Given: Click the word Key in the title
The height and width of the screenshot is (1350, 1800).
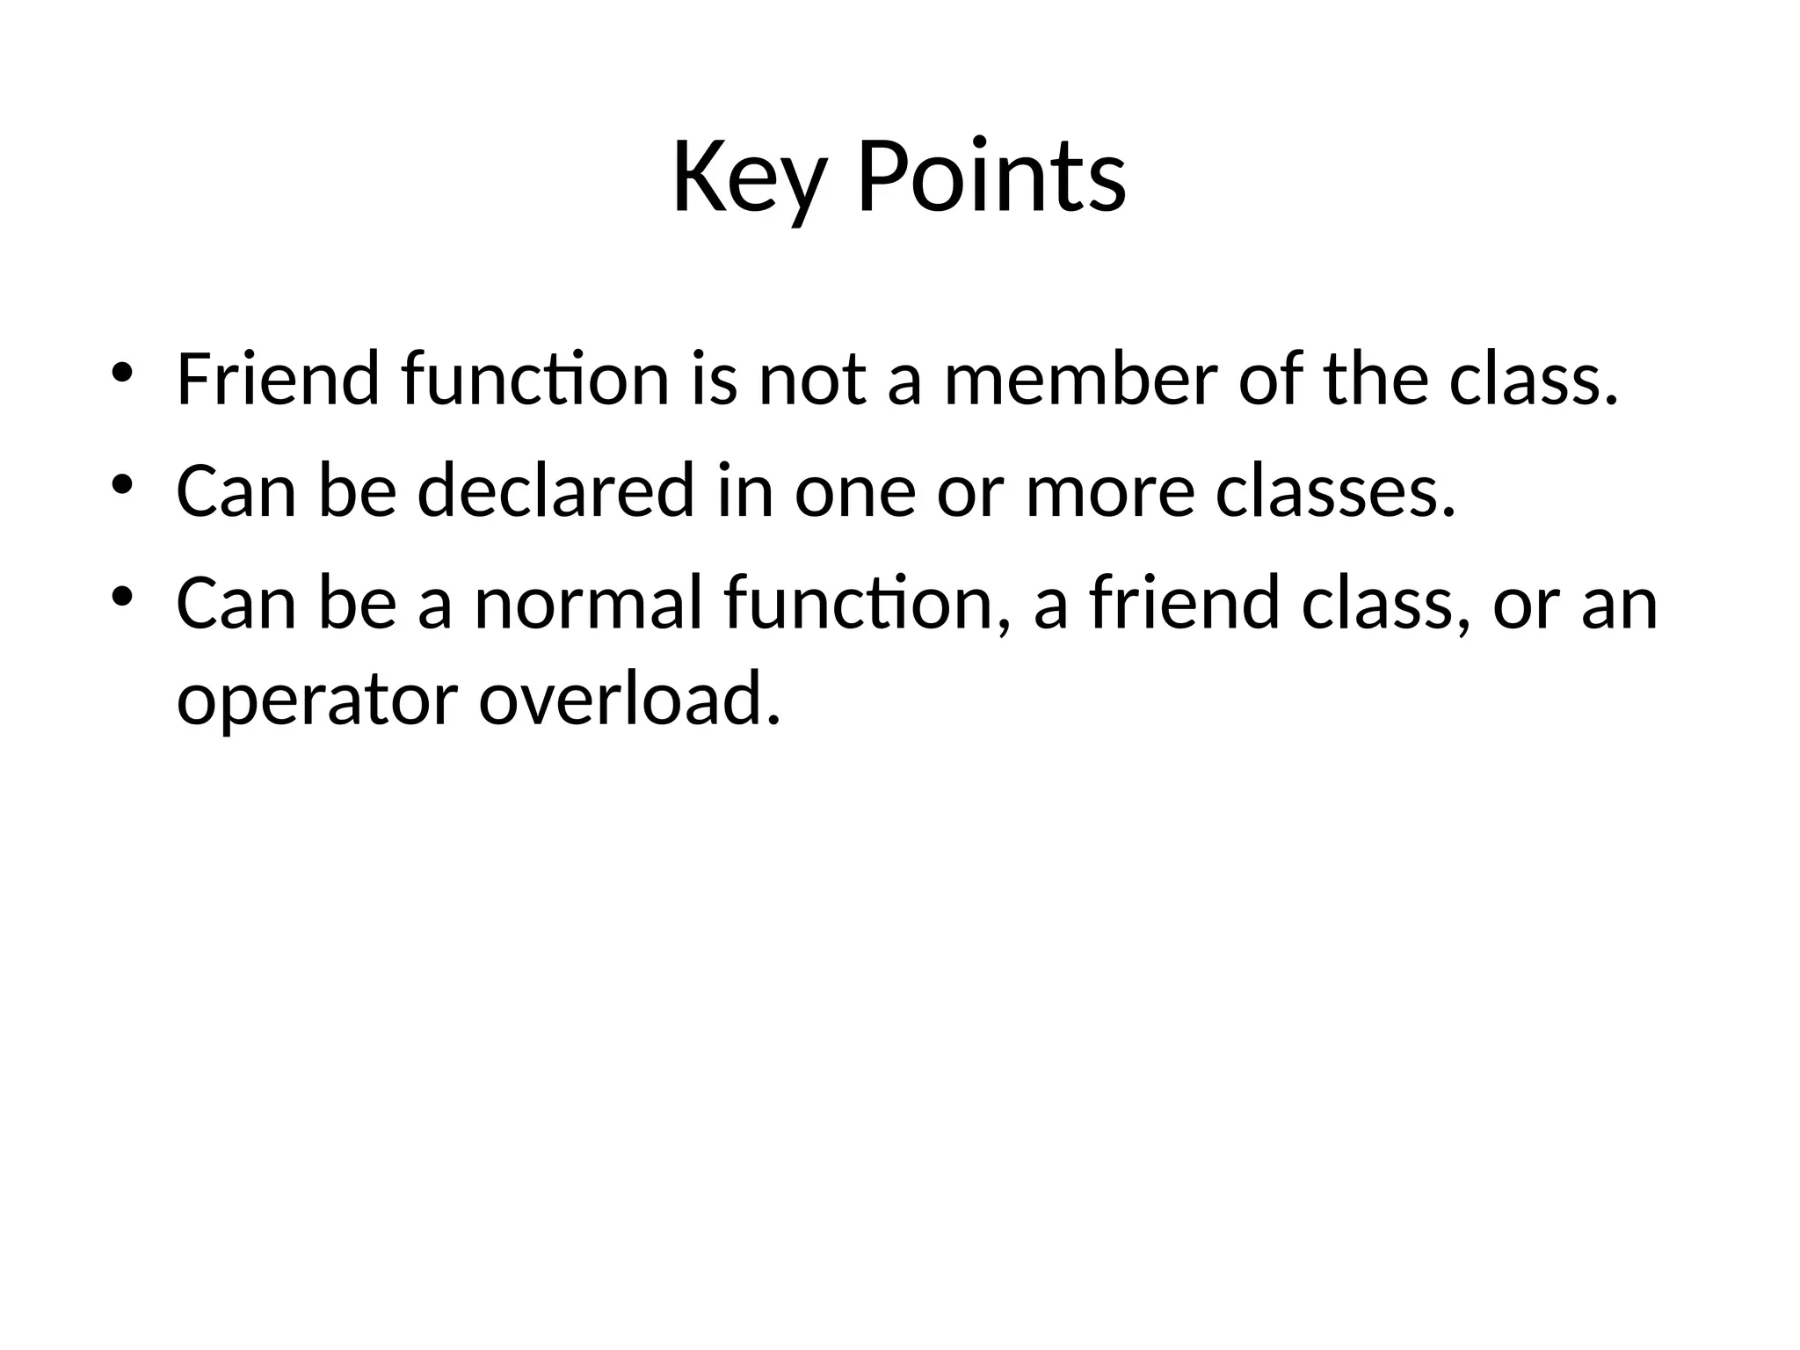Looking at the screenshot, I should tap(749, 178).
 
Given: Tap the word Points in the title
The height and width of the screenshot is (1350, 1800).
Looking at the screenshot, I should tap(991, 178).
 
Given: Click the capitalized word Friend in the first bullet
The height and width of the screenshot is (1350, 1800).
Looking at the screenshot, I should tap(278, 380).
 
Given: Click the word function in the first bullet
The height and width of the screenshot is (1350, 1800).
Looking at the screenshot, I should tap(535, 380).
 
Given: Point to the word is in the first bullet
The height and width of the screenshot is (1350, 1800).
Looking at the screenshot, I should tap(714, 380).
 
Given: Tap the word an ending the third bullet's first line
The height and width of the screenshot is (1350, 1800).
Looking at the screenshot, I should tap(1619, 605).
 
